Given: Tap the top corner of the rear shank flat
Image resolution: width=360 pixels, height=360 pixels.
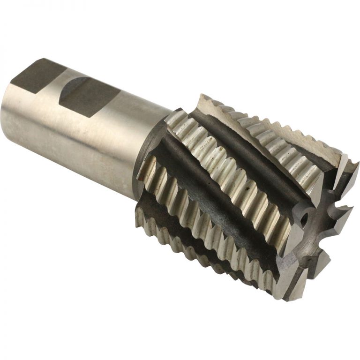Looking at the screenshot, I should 45,60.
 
